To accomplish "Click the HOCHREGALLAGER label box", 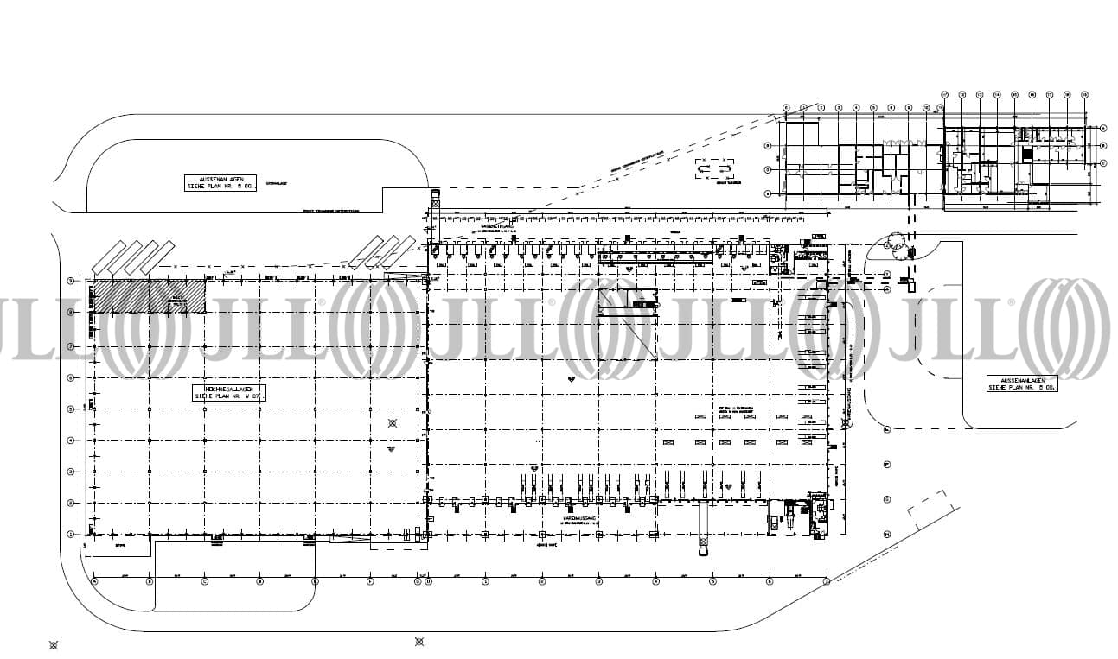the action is click(227, 393).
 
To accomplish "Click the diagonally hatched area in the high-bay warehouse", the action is click(149, 295).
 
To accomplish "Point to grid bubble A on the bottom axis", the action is click(93, 581).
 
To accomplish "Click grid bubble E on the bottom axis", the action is click(315, 581).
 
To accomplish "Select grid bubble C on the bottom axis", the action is click(204, 581).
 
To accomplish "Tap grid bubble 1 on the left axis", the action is click(70, 534).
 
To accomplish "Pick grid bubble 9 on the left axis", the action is click(70, 281).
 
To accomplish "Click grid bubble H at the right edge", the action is click(887, 534).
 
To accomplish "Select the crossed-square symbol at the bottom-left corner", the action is click(53, 644).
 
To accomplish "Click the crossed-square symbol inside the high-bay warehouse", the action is click(392, 422).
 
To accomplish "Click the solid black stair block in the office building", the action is click(1027, 154).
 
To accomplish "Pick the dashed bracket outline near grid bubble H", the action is click(928, 510).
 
